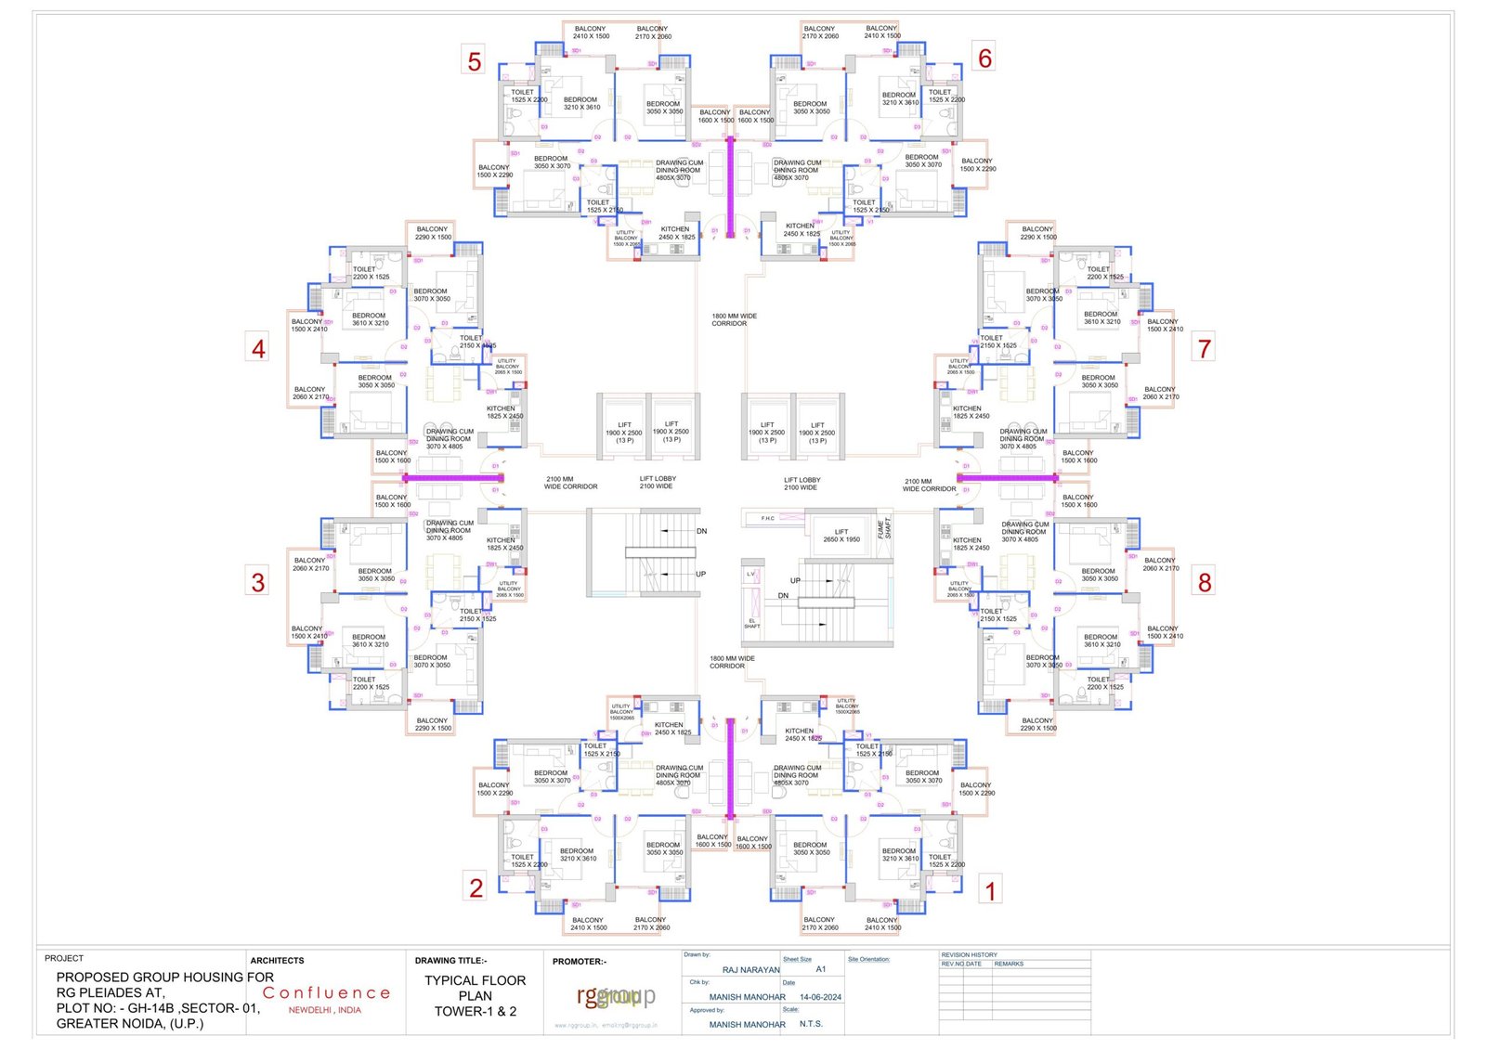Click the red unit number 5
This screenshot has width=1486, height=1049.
(475, 61)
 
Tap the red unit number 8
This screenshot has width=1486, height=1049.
(1205, 582)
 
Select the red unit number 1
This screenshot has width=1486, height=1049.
(990, 891)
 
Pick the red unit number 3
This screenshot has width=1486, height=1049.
(258, 582)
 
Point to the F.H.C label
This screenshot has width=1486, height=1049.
(767, 518)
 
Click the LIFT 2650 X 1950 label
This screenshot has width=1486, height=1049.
(841, 536)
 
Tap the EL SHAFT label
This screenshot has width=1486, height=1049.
(751, 624)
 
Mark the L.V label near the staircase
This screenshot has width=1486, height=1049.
(750, 575)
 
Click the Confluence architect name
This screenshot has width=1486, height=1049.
(326, 993)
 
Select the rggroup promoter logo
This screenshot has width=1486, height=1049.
(616, 996)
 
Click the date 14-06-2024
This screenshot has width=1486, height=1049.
(820, 997)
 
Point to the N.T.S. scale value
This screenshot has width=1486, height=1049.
(811, 1024)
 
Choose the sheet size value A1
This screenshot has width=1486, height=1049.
(821, 969)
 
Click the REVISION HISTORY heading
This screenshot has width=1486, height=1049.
(969, 954)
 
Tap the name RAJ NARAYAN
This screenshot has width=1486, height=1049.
(750, 970)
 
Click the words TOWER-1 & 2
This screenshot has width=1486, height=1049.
(476, 1012)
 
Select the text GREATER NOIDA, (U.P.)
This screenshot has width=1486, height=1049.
(130, 1024)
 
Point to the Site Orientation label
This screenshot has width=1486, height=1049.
(868, 959)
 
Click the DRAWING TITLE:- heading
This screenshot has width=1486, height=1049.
(450, 961)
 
